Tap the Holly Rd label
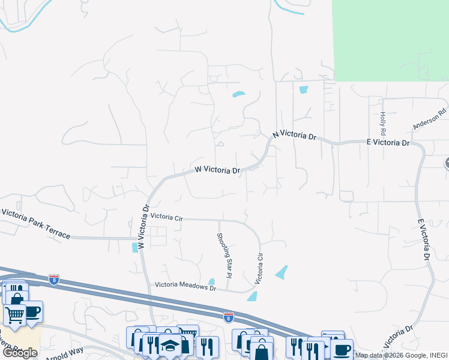[x=382, y=123]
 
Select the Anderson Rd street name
[x=430, y=119]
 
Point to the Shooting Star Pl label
[x=224, y=256]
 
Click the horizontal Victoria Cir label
[x=166, y=217]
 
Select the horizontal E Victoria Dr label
[x=387, y=143]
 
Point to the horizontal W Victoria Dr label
[x=217, y=170]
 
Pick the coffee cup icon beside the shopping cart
[x=32, y=311]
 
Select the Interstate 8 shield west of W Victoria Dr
[x=53, y=279]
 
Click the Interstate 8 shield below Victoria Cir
[x=228, y=316]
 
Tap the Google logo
[x=20, y=353]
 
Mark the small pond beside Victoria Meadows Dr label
[x=211, y=282]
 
